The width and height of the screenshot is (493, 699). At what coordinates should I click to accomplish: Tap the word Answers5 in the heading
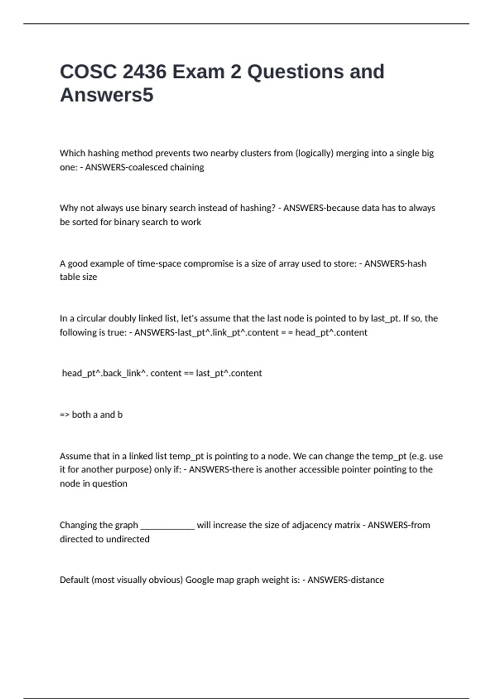106,95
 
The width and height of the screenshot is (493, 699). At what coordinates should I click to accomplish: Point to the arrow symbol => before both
65,415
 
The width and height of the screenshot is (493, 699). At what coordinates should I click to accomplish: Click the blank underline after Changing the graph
167,526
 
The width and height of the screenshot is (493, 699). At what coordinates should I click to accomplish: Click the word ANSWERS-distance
346,580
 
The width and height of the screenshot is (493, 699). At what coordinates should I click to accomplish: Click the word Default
74,580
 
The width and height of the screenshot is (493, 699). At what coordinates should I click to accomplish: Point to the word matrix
347,525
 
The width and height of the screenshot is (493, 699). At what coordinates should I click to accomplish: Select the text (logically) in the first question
314,153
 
